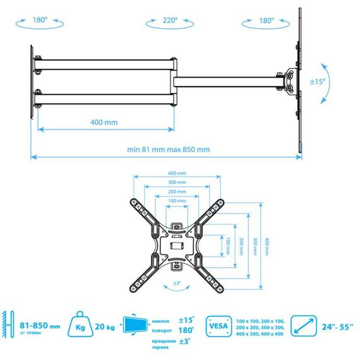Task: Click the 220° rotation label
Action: pos(170,20)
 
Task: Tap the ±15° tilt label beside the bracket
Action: pos(318,81)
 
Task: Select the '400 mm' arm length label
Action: pos(104,122)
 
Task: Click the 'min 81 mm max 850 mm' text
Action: pos(169,150)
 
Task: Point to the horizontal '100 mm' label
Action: pos(177,201)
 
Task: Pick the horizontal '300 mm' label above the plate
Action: pos(177,183)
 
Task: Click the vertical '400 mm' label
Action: pos(267,246)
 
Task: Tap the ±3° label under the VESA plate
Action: pos(177,283)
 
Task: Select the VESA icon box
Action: pos(219,327)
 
